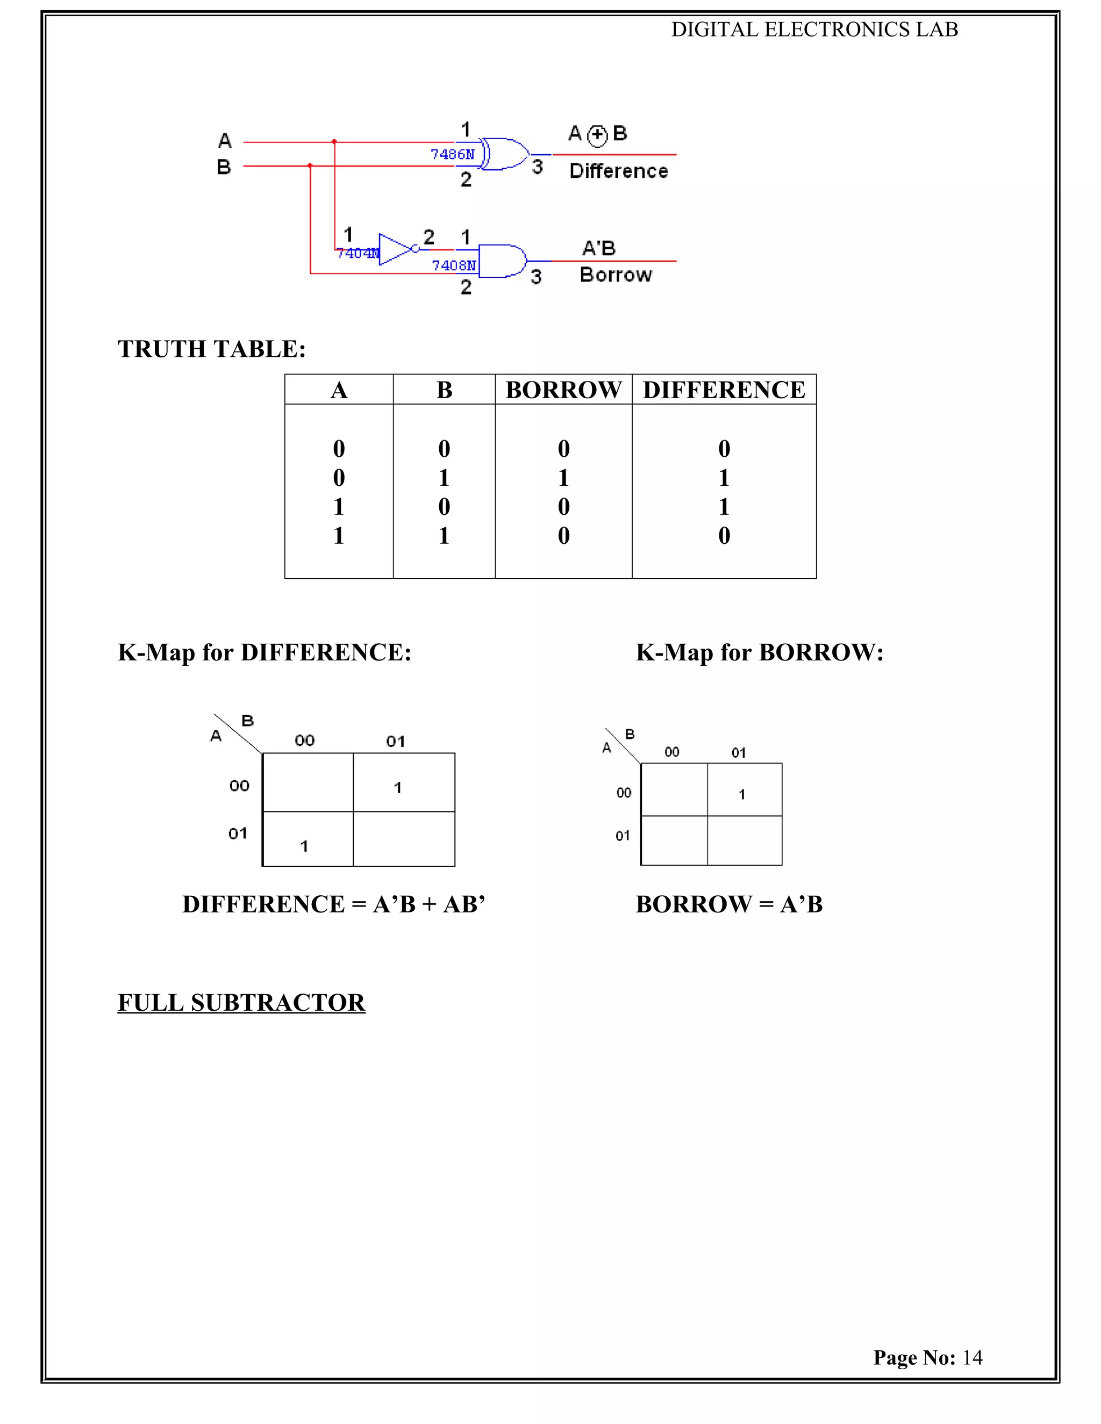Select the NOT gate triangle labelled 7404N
click(396, 249)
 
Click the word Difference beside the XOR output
click(618, 171)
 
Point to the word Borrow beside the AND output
click(615, 275)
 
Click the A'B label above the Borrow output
click(599, 248)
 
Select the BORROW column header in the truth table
click(563, 390)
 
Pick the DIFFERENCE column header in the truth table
click(724, 390)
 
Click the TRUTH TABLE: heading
click(211, 349)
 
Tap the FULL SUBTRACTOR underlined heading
click(241, 1003)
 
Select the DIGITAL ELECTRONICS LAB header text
click(814, 30)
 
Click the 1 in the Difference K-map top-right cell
click(398, 788)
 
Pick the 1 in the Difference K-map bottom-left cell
click(304, 846)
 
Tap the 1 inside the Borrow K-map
click(741, 794)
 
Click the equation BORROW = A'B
click(729, 904)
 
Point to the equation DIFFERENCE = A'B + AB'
click(334, 904)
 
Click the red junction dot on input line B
click(310, 166)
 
